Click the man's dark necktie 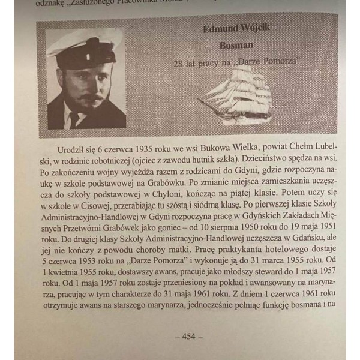[x=74, y=119]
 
